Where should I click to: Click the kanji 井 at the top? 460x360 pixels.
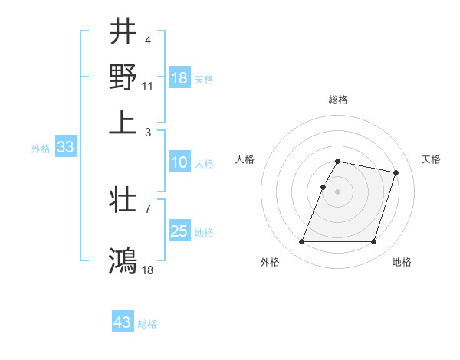(123, 32)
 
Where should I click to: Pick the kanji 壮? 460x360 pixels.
(123, 201)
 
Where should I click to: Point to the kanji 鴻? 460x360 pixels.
(123, 260)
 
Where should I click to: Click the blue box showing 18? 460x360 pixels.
(179, 78)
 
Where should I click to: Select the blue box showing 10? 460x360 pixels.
(179, 162)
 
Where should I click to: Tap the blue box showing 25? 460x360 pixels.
(179, 231)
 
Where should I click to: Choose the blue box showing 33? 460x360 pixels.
(64, 148)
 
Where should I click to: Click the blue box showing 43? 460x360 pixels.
(123, 322)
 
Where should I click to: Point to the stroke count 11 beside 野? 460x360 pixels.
(148, 86)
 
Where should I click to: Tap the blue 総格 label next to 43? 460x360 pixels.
(147, 324)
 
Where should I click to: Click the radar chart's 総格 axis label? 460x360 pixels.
(338, 100)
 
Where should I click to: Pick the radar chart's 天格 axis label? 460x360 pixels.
(431, 159)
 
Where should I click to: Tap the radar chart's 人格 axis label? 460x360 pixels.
(245, 159)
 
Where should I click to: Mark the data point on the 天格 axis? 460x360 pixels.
(396, 173)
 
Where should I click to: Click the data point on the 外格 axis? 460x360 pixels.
(302, 242)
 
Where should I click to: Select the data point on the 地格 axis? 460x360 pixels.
(373, 242)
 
